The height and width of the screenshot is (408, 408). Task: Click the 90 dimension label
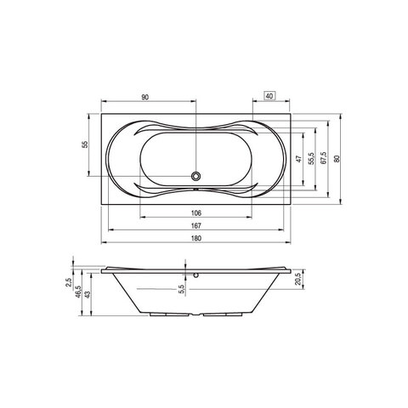point(144,97)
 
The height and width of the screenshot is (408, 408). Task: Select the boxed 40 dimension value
point(269,96)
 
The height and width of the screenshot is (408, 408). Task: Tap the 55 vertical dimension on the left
point(85,144)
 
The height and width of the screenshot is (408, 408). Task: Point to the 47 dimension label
point(299,159)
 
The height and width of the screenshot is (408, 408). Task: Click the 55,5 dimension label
point(312,159)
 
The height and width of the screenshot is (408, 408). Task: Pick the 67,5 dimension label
point(324,158)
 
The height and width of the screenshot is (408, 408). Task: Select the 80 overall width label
point(337,159)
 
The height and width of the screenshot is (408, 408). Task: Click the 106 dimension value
point(196,212)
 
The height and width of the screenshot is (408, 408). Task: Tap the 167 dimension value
point(196,225)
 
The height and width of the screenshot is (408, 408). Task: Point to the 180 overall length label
point(196,238)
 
